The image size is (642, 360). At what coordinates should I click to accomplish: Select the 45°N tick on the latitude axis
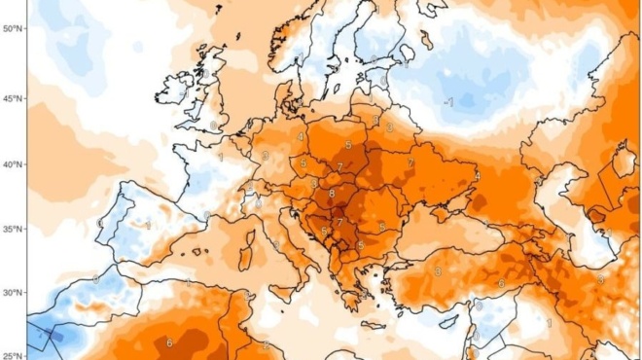point(13,98)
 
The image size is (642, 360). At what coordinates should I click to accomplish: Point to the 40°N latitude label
point(13,164)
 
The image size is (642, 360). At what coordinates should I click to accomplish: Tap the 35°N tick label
point(13,230)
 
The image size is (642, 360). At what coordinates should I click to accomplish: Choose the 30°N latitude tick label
point(13,293)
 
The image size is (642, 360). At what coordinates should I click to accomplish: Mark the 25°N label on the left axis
point(13,354)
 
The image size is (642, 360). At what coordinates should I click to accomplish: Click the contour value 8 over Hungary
point(332,194)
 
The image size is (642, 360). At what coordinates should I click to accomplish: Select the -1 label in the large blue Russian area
point(448,101)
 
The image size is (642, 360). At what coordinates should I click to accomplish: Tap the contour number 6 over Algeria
point(169,342)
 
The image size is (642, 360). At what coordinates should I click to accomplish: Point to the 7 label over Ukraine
point(411,162)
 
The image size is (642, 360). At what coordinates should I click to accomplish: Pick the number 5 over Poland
point(348,145)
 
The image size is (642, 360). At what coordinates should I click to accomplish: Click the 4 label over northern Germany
point(301,137)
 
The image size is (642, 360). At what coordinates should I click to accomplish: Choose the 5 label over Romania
point(382,226)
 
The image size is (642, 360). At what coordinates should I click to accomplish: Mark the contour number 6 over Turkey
point(502,283)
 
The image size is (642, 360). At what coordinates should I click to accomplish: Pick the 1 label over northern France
point(221,156)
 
